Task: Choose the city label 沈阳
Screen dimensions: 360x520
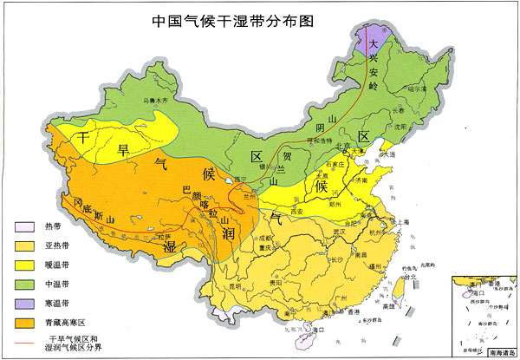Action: pyautogui.click(x=400, y=125)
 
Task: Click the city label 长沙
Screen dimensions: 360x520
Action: pyautogui.click(x=338, y=258)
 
